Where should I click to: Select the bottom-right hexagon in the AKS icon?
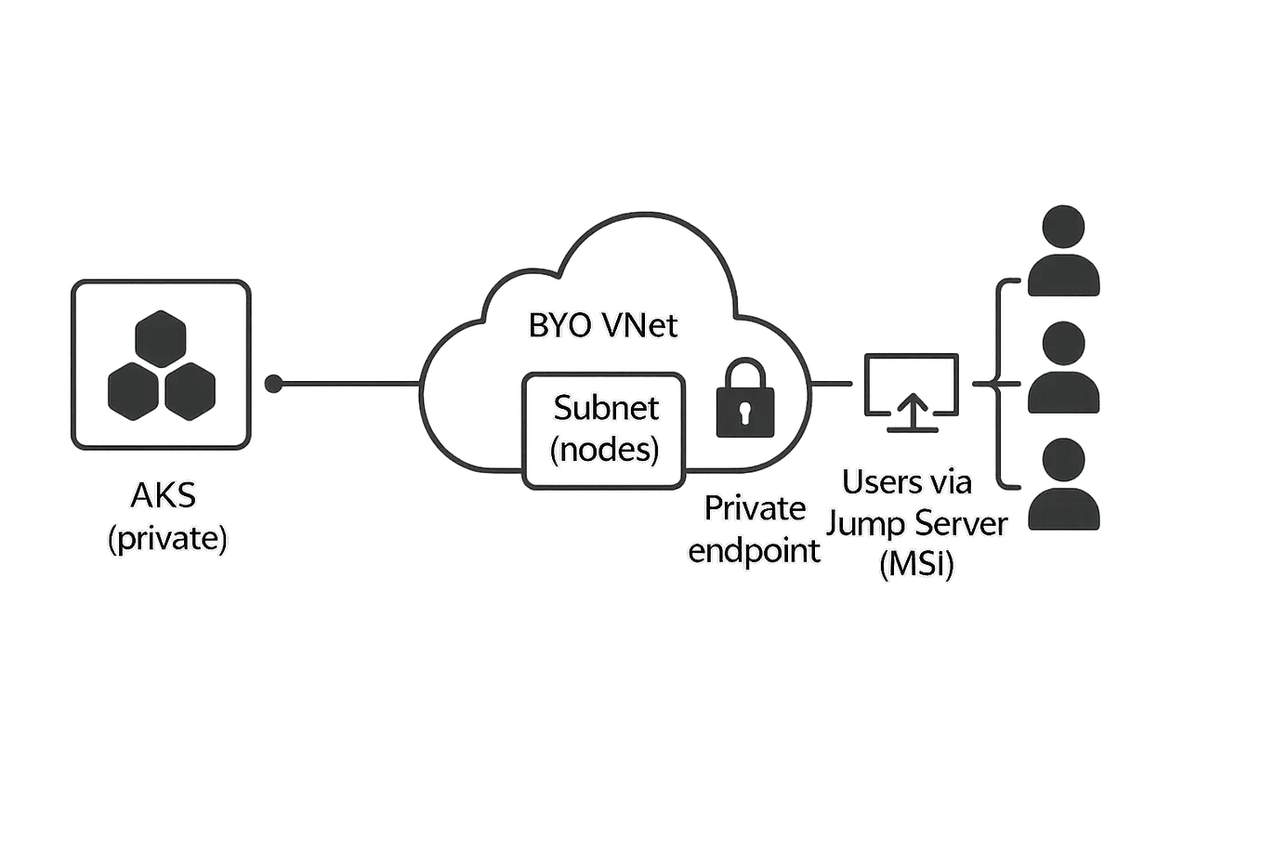pyautogui.click(x=191, y=388)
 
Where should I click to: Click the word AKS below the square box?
pyautogui.click(x=164, y=496)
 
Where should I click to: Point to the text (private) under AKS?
pyautogui.click(x=167, y=539)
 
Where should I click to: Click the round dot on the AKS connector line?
pyautogui.click(x=273, y=383)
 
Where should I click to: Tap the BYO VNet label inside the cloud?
pyautogui.click(x=604, y=326)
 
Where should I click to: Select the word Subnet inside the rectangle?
pyautogui.click(x=606, y=409)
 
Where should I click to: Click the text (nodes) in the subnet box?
pyautogui.click(x=606, y=450)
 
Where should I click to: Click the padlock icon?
pyautogui.click(x=744, y=403)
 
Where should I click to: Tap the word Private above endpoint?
pyautogui.click(x=755, y=509)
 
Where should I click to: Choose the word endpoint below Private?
pyautogui.click(x=755, y=550)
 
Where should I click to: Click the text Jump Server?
pyautogui.click(x=916, y=524)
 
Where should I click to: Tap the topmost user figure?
pyautogui.click(x=1064, y=251)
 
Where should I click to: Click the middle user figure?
pyautogui.click(x=1064, y=368)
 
